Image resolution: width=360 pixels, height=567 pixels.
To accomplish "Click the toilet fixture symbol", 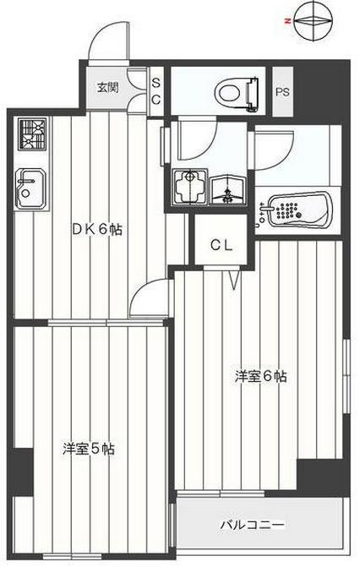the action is (237, 92).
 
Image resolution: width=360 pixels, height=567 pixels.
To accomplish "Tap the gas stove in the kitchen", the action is (33, 134).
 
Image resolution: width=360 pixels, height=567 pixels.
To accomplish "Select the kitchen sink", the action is (31, 188).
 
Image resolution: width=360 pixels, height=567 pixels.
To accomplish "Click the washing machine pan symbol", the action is (190, 187).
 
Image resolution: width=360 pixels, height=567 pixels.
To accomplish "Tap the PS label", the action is (282, 92).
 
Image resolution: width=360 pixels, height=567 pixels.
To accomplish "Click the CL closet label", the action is (221, 246).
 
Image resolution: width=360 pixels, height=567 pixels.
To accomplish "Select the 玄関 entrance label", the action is (107, 87).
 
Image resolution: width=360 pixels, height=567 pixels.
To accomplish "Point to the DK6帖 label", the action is (97, 230).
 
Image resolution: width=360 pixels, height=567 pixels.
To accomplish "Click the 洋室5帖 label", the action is (89, 449).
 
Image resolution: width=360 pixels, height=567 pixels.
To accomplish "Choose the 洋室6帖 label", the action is (260, 376).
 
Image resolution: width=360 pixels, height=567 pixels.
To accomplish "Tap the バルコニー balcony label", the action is (253, 524).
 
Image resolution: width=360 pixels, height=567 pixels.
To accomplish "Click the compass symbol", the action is (314, 20).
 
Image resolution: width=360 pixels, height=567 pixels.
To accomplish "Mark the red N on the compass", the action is (288, 22).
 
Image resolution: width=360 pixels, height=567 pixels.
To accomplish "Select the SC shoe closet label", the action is (156, 91).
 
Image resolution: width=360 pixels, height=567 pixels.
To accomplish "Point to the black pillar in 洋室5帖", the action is (21, 472).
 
